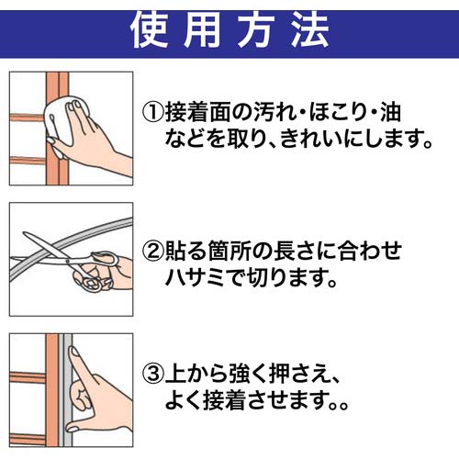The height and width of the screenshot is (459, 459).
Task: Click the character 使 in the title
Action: coord(150,30)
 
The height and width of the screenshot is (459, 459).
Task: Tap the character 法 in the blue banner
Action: coord(310,30)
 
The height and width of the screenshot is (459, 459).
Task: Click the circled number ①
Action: coord(153,112)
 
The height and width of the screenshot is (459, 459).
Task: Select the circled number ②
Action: coord(153,251)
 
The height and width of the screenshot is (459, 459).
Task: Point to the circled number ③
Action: coord(153,374)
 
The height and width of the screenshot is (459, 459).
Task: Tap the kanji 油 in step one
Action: coord(390,112)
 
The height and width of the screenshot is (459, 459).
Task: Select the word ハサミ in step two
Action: coord(196,277)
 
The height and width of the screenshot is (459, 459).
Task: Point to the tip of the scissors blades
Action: coord(24,233)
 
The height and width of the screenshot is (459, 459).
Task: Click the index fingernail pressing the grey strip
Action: coord(73,351)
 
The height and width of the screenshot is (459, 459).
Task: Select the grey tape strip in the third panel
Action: coord(68,390)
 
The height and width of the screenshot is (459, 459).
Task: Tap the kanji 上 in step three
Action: coord(175,374)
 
